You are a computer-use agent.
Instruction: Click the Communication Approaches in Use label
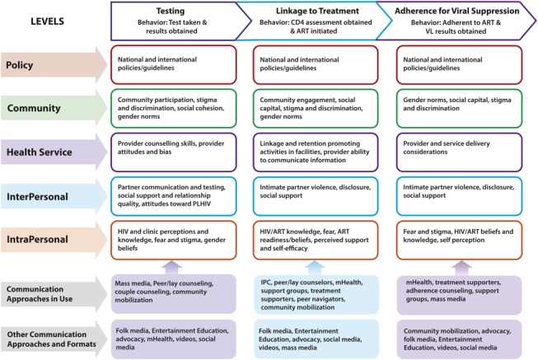coord(49,293)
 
